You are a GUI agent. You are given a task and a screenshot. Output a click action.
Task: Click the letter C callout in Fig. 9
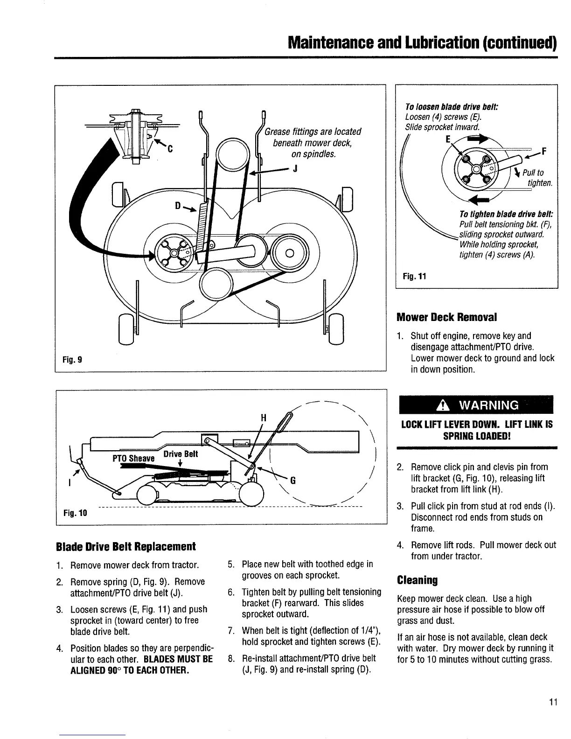point(170,149)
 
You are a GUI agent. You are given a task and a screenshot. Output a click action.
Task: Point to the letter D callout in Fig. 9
point(178,206)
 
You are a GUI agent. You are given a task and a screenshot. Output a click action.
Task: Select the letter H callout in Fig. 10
point(263,418)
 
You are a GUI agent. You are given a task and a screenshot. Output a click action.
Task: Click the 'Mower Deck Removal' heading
point(446,317)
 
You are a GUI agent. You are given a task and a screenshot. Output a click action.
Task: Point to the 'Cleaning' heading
point(418,580)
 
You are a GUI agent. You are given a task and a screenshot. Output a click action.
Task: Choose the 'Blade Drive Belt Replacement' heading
point(125,546)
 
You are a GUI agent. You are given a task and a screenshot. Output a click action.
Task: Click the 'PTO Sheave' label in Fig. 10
point(133,458)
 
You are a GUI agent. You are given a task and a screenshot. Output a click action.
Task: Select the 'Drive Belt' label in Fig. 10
point(181,454)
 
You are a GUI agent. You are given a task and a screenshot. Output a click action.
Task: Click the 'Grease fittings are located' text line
point(313,132)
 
